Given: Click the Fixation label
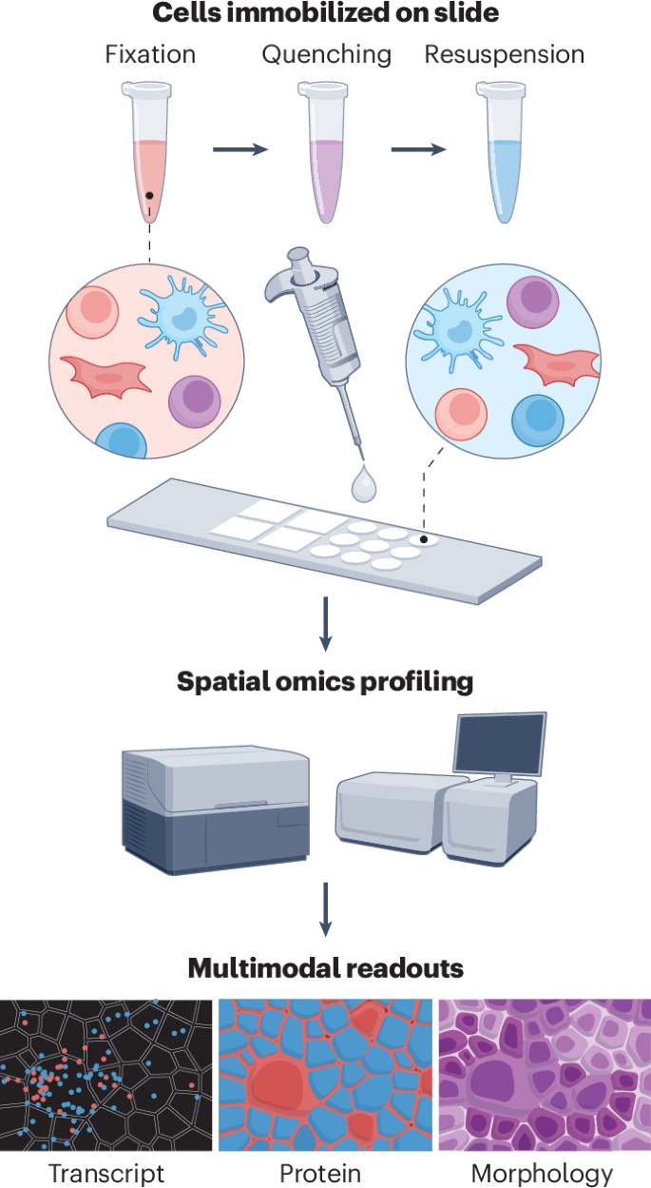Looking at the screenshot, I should pos(150,54).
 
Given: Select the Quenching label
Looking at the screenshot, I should pos(326,54).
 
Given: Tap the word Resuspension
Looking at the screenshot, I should pos(504,54).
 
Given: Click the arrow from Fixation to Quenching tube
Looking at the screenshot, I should pos(240,149).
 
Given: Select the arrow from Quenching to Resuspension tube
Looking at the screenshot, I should pos(419,149).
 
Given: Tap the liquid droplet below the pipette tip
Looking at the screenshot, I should pos(363,485).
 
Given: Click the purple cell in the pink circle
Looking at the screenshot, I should pos(194,401).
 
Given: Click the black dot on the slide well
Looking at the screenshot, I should pos(424,540).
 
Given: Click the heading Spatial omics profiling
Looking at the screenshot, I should pos(325,682).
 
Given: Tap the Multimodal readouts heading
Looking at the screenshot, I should pos(325,968).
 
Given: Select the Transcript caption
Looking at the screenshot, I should pos(106,1172).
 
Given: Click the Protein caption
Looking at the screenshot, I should pos(320,1172).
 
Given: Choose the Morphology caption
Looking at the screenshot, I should pos(542,1172).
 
